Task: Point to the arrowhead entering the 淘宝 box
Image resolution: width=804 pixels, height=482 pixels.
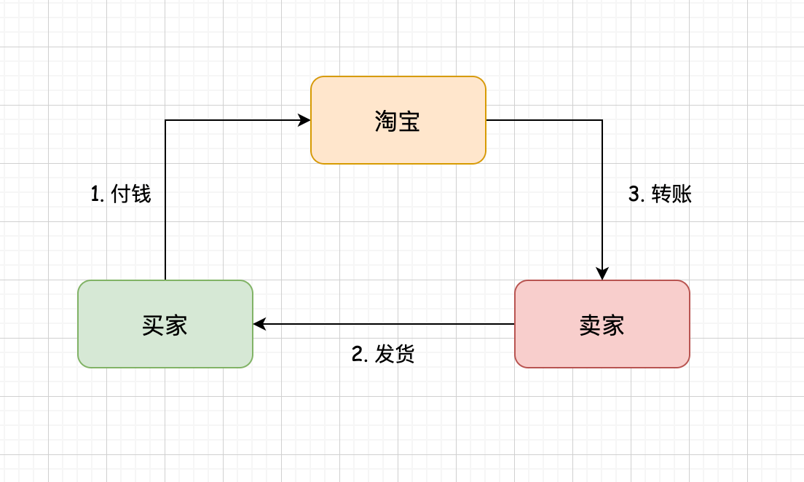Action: (x=305, y=120)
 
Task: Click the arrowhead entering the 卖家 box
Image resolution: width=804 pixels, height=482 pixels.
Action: (x=602, y=274)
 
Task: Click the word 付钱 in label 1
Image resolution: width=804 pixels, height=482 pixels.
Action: (x=131, y=194)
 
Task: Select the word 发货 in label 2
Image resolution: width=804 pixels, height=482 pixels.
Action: (x=395, y=355)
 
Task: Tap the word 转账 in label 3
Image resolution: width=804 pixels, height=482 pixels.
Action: (x=671, y=194)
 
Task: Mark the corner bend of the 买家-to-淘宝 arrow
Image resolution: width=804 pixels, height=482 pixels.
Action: (x=165, y=120)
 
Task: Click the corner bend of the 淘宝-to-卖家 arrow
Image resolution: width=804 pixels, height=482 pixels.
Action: (x=602, y=120)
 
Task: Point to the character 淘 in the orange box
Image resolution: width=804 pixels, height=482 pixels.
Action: (x=386, y=121)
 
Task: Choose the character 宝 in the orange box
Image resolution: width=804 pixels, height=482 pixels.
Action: (x=409, y=121)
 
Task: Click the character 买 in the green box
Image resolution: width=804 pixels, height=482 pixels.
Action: (x=153, y=325)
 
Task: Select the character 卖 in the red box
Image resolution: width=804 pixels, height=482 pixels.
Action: (x=590, y=325)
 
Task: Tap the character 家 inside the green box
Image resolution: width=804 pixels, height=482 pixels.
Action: (x=176, y=325)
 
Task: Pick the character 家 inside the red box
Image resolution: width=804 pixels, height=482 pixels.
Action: (x=613, y=325)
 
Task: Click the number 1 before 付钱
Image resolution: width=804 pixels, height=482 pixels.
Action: (x=95, y=194)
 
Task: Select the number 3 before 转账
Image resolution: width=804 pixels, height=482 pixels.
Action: (x=634, y=194)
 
